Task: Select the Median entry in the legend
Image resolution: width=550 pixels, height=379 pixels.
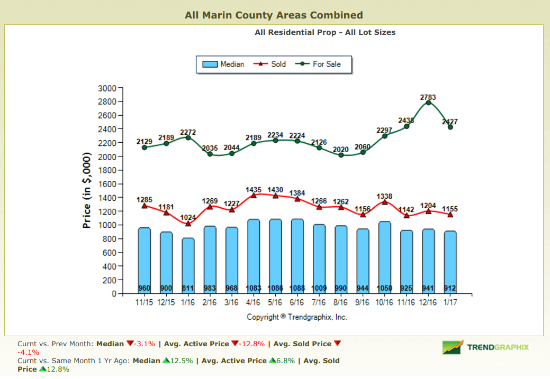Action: coord(224,64)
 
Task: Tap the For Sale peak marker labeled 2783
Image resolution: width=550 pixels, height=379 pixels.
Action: coord(428,103)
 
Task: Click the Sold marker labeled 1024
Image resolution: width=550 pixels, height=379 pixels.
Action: coord(188,224)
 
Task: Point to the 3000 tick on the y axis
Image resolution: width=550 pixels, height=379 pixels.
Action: coord(107,88)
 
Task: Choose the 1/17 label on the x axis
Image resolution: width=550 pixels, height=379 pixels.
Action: coord(450,302)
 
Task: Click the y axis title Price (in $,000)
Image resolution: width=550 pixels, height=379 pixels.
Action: coord(87,191)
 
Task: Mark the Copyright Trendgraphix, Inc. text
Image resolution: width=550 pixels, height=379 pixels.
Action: coord(296,317)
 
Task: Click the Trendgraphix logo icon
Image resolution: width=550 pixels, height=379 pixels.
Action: coord(453,347)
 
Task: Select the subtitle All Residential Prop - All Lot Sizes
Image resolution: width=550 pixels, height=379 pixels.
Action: coord(324,32)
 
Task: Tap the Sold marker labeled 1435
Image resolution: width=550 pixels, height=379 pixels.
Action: coord(254,196)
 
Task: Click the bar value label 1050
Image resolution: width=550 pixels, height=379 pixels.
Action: coord(384,289)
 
